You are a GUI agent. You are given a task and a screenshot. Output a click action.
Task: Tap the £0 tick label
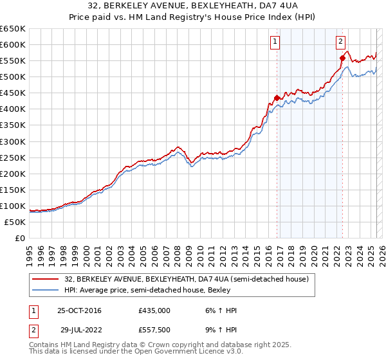click(19, 238)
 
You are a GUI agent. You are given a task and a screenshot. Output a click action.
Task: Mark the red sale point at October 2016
click(277, 98)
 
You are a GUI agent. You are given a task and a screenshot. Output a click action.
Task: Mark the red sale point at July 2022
click(342, 58)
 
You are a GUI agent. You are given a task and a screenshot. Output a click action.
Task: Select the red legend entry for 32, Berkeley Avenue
click(187, 279)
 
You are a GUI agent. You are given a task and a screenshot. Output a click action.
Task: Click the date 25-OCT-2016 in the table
click(79, 310)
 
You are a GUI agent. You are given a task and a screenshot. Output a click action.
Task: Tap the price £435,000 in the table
click(154, 310)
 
